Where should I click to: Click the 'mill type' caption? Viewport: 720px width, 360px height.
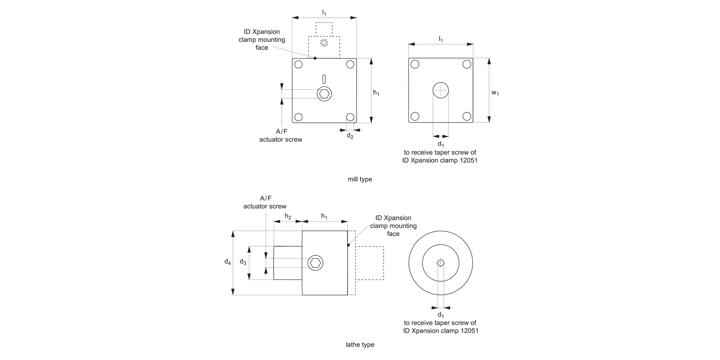pyautogui.click(x=360, y=180)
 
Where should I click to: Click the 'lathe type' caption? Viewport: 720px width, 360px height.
pyautogui.click(x=360, y=345)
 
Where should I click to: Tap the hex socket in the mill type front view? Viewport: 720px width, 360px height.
pyautogui.click(x=324, y=94)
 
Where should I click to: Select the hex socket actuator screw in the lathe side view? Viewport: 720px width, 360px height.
pyautogui.click(x=315, y=263)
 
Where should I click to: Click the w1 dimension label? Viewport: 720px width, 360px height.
pyautogui.click(x=495, y=93)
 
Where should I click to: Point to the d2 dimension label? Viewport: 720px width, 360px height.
pyautogui.click(x=350, y=136)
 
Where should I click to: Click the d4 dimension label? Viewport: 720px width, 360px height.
pyautogui.click(x=228, y=262)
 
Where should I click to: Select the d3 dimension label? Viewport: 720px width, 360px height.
pyautogui.click(x=243, y=262)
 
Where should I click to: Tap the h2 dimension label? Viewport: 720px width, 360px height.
pyautogui.click(x=288, y=216)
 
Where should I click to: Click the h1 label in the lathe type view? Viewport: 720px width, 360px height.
pyautogui.click(x=324, y=216)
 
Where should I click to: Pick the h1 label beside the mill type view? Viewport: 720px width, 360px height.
pyautogui.click(x=376, y=93)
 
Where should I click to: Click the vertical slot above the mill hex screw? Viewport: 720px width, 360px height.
pyautogui.click(x=324, y=79)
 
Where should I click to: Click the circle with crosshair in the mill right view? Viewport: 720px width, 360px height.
pyautogui.click(x=441, y=90)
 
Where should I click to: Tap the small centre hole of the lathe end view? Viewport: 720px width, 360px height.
pyautogui.click(x=441, y=263)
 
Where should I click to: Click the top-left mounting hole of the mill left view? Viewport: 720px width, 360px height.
pyautogui.click(x=299, y=65)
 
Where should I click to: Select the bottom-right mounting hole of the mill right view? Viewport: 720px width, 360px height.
pyautogui.click(x=467, y=116)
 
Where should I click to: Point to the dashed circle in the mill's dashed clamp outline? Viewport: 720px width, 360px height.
pyautogui.click(x=324, y=43)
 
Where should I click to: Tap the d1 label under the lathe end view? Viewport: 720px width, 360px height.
pyautogui.click(x=441, y=315)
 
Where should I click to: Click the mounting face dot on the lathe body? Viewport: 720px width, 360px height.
pyautogui.click(x=348, y=245)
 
